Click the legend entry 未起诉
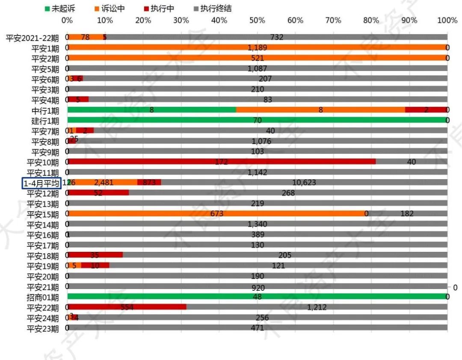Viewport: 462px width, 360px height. (58, 9)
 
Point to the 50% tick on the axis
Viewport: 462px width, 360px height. (257, 21)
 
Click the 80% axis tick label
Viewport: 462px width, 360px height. (371, 21)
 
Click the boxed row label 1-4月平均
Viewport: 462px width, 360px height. (42, 183)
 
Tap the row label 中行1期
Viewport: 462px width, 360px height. (46, 110)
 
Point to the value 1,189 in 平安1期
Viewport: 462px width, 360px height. (257, 47)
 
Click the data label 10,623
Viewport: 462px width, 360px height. (304, 183)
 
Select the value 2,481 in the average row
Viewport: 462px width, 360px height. (104, 183)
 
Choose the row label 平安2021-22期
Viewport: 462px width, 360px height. (33, 38)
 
